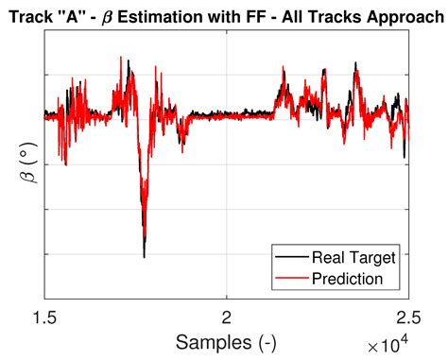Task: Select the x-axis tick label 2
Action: pyautogui.click(x=226, y=318)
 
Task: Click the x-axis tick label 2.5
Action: pyautogui.click(x=407, y=318)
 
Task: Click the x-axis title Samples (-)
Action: pyautogui.click(x=226, y=340)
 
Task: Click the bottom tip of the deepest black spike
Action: pyautogui.click(x=144, y=257)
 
